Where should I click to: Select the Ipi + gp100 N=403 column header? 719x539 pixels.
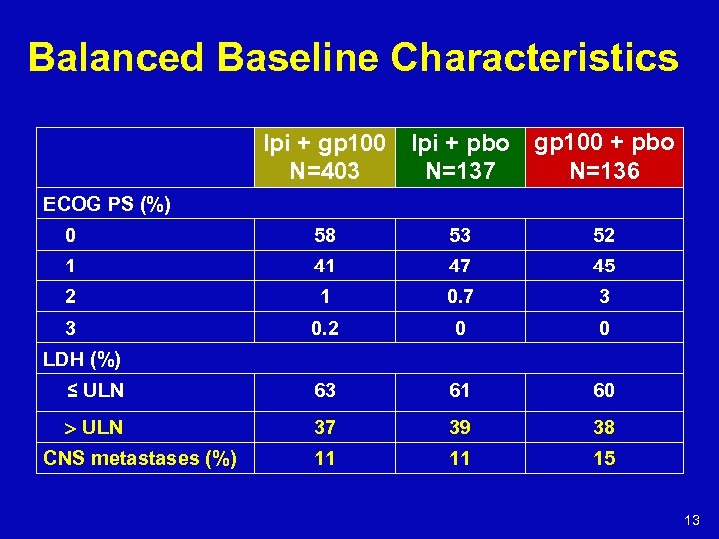coord(325,157)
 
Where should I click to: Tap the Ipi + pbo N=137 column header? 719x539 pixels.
coord(460,157)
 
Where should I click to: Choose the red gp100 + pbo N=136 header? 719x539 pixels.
coord(604,156)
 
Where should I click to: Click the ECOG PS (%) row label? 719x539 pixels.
coord(107,205)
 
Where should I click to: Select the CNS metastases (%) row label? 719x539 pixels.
coord(140,458)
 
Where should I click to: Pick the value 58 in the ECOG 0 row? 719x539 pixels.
coord(324,236)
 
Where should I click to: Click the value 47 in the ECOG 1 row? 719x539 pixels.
coord(460,267)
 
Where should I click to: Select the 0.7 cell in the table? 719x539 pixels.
coord(460,297)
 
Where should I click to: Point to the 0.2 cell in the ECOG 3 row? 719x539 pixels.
coord(324,328)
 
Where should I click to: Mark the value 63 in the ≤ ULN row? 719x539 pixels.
coord(324,390)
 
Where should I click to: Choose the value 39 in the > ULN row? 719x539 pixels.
coord(460,427)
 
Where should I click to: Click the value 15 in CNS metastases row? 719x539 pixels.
coord(604,458)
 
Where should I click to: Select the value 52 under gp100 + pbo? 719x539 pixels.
coord(604,236)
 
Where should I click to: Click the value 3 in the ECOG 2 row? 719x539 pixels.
coord(604,297)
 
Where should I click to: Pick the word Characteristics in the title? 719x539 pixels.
coord(535,58)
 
